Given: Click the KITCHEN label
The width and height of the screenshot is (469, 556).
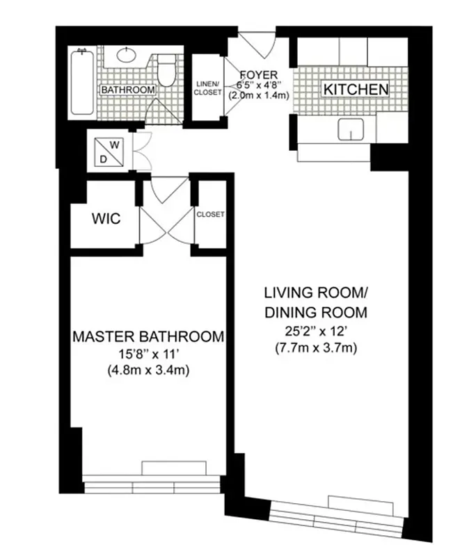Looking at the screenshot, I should (355, 89).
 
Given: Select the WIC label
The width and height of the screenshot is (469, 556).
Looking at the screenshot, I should (106, 219).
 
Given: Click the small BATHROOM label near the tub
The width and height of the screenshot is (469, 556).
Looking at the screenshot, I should (127, 90).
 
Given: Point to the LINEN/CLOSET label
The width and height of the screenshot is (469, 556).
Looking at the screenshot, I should (206, 88).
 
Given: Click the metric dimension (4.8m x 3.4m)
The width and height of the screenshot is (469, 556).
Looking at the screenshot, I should (148, 370).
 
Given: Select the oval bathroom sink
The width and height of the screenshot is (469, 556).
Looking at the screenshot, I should (128, 56).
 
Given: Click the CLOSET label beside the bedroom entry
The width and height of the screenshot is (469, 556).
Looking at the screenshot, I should (210, 215).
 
